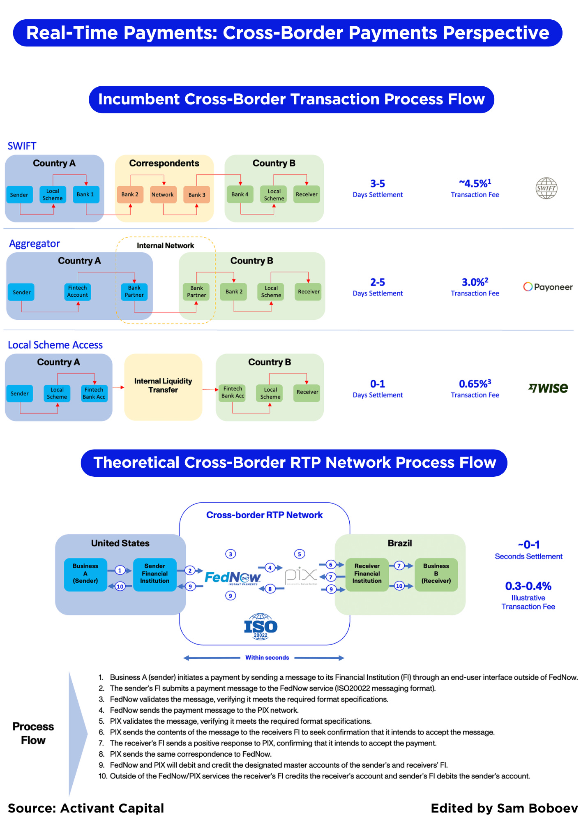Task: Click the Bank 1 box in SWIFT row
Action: [85, 194]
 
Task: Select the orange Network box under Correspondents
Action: [163, 194]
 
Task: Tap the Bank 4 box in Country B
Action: [240, 194]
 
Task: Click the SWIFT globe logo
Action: [546, 188]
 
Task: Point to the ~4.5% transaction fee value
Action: [475, 183]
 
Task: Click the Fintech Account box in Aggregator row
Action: [78, 291]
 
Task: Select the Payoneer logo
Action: [548, 287]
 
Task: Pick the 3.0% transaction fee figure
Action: [475, 282]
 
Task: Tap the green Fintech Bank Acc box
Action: [233, 392]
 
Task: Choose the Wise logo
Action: [548, 388]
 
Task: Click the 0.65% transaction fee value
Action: [475, 384]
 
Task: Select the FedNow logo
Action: [233, 577]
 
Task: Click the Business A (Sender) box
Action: [85, 574]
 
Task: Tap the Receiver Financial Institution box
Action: [367, 574]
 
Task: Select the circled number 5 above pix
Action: [300, 554]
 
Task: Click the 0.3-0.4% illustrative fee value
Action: [528, 586]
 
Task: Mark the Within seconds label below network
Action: [267, 658]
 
